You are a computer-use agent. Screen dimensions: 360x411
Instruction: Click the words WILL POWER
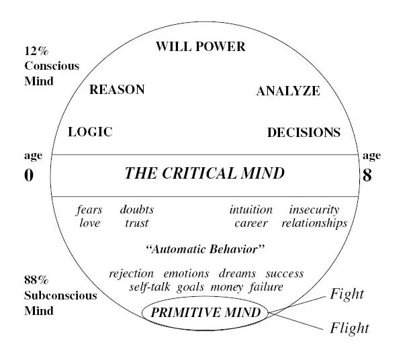201,47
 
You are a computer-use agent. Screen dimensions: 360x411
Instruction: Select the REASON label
117,89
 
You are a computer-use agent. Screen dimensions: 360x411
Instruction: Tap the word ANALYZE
288,91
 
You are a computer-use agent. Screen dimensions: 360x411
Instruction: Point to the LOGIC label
90,132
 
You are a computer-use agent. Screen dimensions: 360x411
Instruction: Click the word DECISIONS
304,132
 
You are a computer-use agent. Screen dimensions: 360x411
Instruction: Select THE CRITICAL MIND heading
205,174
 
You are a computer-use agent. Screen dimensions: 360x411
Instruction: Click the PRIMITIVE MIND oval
205,312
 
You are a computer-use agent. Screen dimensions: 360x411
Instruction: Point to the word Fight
347,294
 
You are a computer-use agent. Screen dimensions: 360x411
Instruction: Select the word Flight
349,328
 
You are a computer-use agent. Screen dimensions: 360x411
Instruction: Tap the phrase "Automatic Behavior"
205,249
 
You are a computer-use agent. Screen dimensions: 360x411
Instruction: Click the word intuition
250,210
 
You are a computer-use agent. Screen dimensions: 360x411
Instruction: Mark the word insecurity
314,210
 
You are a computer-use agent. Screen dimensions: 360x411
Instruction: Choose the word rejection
131,274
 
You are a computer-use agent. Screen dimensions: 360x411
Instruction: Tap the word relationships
314,223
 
